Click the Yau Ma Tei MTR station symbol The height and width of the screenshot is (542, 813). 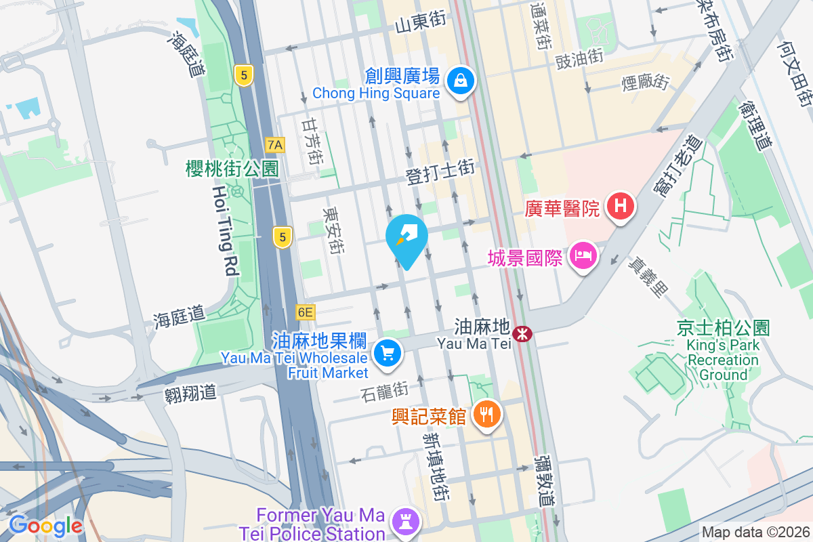click(522, 333)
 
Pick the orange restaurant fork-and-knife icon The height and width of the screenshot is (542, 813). click(485, 413)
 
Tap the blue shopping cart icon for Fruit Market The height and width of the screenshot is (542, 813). click(387, 353)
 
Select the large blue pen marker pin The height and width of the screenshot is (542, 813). click(406, 238)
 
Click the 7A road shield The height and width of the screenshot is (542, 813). click(275, 144)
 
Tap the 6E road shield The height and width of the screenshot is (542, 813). click(306, 312)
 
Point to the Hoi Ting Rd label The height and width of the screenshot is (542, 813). click(224, 231)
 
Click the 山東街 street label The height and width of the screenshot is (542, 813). click(421, 22)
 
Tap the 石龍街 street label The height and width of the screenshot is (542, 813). click(384, 391)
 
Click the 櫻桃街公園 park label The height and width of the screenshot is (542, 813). click(232, 169)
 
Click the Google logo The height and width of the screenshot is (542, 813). click(45, 526)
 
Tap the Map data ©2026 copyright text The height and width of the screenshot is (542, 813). click(755, 533)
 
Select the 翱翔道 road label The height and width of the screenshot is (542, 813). click(190, 393)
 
